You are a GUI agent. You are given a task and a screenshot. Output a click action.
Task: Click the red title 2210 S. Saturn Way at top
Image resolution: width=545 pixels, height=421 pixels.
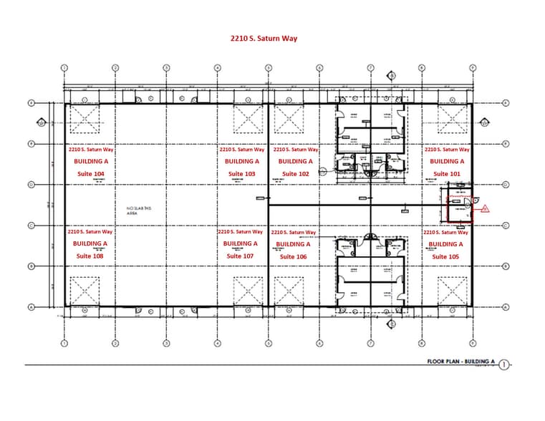tap(264, 39)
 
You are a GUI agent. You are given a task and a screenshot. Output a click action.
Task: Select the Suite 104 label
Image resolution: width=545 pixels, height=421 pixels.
tap(90, 174)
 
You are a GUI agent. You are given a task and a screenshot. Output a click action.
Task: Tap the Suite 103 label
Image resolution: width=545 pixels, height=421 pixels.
tap(241, 174)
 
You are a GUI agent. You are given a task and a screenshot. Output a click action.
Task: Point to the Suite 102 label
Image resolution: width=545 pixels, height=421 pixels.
tap(295, 174)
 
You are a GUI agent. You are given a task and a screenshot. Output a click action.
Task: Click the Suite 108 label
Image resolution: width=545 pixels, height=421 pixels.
tap(90, 256)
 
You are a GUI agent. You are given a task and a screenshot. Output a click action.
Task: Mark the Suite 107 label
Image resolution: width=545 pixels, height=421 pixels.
tap(240, 256)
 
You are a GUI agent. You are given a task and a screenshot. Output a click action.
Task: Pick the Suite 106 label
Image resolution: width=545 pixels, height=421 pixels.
tap(294, 257)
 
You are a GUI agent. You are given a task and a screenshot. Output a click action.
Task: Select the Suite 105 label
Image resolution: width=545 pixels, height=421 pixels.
tap(445, 256)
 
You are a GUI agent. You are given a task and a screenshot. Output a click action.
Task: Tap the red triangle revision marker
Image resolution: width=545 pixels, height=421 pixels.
tap(485, 209)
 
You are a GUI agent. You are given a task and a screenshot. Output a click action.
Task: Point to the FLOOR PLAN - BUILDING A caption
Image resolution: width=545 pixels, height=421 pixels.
tap(460, 362)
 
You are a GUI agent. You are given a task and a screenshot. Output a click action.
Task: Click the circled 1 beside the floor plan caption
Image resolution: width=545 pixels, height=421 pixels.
tap(503, 364)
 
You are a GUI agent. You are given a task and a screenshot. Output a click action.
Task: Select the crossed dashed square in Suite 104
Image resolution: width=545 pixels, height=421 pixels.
tap(85, 118)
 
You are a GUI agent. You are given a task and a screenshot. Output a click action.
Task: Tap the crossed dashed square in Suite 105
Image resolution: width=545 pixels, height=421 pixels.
tap(452, 291)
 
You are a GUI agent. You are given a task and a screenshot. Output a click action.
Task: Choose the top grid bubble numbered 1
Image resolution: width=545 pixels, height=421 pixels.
tap(64, 68)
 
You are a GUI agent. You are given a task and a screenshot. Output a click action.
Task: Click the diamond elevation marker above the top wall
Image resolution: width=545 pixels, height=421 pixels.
tap(391, 74)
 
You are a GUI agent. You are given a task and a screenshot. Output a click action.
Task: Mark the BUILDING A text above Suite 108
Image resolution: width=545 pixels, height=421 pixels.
tap(90, 244)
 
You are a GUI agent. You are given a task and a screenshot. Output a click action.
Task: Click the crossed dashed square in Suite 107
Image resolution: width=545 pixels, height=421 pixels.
tap(248, 291)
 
